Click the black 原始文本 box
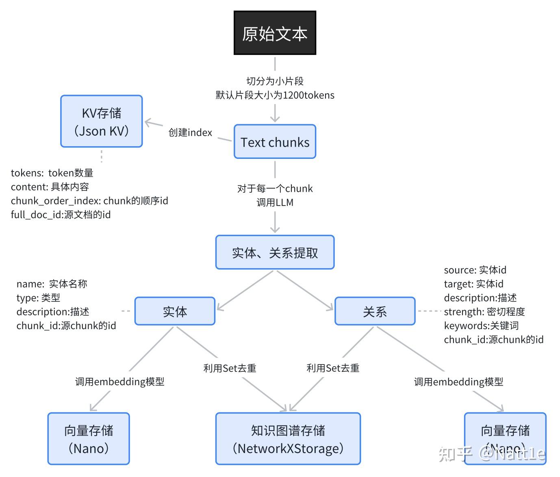(x=275, y=33)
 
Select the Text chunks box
(x=275, y=142)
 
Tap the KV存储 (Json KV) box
(x=101, y=121)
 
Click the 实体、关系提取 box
(x=275, y=252)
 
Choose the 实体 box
(x=175, y=311)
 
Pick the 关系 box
(x=375, y=311)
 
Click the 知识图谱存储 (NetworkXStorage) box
(x=288, y=439)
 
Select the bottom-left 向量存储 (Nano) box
(x=89, y=439)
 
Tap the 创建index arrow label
(x=190, y=132)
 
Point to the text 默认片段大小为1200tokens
(x=275, y=95)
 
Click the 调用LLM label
(x=275, y=202)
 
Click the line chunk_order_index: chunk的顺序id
(x=89, y=201)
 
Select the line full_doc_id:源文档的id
(x=61, y=215)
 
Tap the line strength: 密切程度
(x=484, y=312)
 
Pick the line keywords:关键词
(x=481, y=325)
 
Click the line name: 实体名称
(x=52, y=284)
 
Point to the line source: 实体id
(x=475, y=270)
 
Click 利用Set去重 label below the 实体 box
(x=230, y=368)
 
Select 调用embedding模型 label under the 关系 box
(x=458, y=382)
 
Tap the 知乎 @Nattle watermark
(x=492, y=453)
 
